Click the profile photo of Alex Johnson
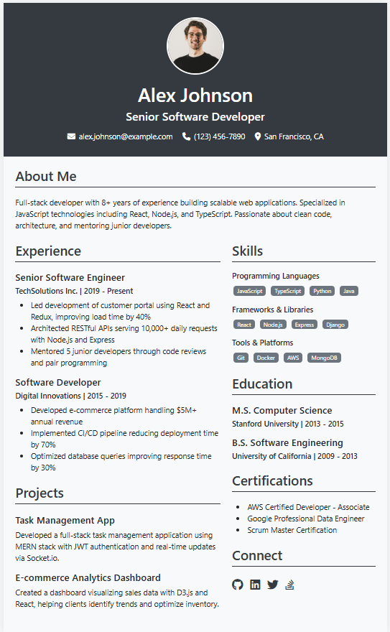tap(195, 46)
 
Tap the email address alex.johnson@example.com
tap(126, 136)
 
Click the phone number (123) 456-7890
tap(219, 136)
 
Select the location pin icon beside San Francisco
tap(258, 136)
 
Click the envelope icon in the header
tap(71, 136)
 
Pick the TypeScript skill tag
tap(288, 291)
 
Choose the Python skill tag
tap(322, 291)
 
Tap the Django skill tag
tap(335, 325)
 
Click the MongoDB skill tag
tap(324, 358)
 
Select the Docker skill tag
tap(266, 358)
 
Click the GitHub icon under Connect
tap(238, 585)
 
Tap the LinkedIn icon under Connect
tap(255, 585)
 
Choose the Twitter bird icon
tap(272, 585)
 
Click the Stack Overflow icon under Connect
tap(289, 585)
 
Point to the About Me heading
tap(46, 177)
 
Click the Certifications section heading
tap(272, 480)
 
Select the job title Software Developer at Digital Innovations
tap(58, 382)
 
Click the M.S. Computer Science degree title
tap(282, 411)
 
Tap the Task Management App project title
tap(65, 520)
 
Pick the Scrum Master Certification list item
tap(292, 530)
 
